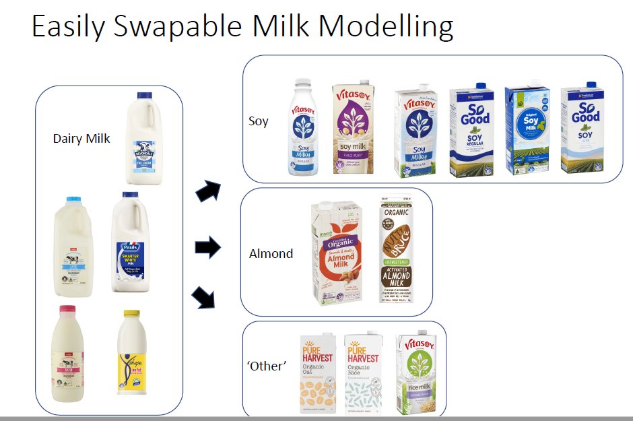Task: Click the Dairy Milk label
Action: [81, 139]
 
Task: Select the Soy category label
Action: [258, 121]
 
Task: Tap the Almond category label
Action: [271, 254]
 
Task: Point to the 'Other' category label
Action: [267, 366]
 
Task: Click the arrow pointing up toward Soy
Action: [207, 191]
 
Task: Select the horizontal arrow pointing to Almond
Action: [207, 248]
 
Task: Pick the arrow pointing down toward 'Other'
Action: [204, 296]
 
